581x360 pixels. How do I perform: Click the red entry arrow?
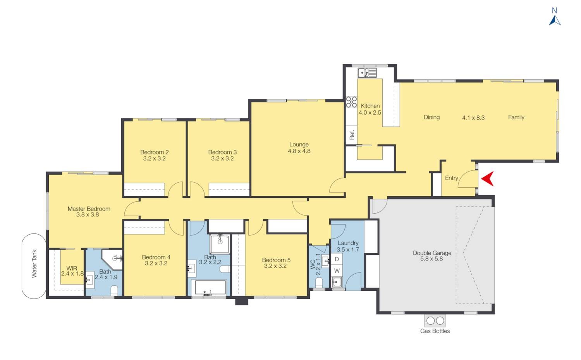tap(487, 178)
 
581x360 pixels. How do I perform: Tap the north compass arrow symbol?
tap(555, 20)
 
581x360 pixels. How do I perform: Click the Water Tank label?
tap(34, 263)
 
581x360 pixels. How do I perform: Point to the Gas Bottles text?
tap(435, 331)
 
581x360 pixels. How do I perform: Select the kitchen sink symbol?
tap(367, 73)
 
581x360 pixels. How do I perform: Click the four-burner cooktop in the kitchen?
tap(351, 102)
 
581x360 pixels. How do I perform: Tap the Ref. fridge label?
tap(352, 135)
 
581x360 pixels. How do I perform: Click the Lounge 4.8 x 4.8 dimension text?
tap(299, 151)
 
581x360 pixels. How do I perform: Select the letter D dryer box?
tap(337, 259)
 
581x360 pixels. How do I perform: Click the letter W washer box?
tap(337, 271)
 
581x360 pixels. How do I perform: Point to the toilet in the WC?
tap(319, 283)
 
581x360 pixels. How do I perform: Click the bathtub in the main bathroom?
tap(210, 288)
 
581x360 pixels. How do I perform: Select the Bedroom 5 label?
tap(276, 260)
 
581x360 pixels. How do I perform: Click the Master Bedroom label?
tap(89, 209)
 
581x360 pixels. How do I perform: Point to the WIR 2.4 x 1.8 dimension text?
tap(72, 273)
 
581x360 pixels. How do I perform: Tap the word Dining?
tap(431, 117)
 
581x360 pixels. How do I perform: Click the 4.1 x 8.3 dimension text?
tap(473, 118)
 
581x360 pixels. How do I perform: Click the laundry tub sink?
tap(337, 282)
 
